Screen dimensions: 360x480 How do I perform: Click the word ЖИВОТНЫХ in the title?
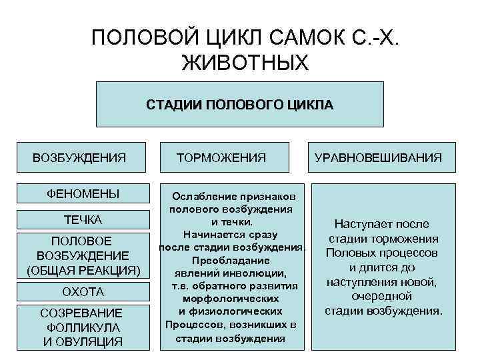click(245, 63)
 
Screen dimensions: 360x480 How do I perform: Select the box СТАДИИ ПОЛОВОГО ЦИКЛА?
click(240, 105)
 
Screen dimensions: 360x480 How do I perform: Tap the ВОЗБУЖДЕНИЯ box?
click(80, 158)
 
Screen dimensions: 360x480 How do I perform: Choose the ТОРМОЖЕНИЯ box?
click(221, 158)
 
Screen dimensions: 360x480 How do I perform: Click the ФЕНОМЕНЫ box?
click(83, 195)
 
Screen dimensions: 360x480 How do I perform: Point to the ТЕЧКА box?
click(83, 220)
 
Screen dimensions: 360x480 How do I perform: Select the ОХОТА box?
click(83, 292)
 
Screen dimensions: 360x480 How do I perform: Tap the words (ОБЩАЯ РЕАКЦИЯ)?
click(83, 270)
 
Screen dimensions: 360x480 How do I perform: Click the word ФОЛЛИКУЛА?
click(83, 327)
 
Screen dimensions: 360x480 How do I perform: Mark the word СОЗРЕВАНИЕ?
click(81, 313)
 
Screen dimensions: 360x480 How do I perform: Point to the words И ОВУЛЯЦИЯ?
click(83, 342)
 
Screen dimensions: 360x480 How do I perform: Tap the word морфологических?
click(232, 299)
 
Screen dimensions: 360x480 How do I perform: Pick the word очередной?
click(382, 296)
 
